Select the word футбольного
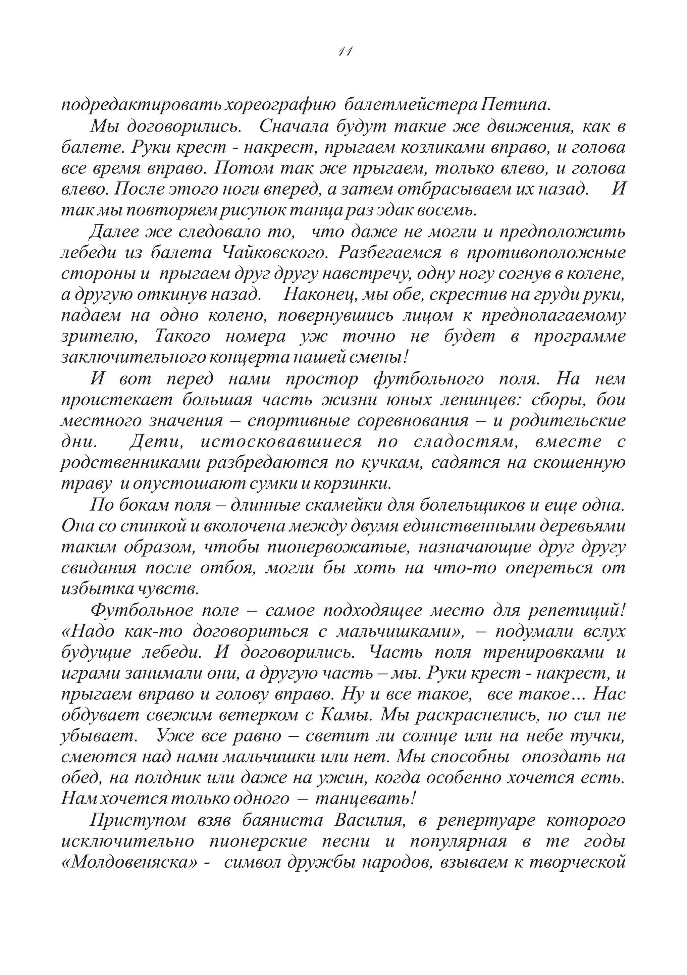click(428, 379)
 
